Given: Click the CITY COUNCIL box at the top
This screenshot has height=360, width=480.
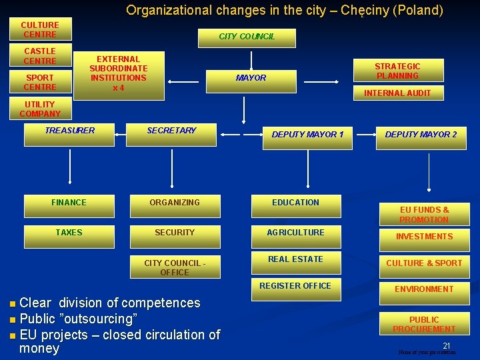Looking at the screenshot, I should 247,37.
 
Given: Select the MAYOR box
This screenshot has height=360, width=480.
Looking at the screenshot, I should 251,78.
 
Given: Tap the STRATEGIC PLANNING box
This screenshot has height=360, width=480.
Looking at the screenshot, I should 397,71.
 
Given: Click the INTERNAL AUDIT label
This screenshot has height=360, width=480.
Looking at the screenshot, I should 397,93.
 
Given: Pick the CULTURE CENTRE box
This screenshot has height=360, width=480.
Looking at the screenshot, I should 40,30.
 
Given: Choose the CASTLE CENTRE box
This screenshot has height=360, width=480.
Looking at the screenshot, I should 40,56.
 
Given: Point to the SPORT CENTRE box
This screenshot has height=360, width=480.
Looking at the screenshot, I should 40,83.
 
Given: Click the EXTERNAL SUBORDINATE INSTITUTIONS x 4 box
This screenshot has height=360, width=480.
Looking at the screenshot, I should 119,74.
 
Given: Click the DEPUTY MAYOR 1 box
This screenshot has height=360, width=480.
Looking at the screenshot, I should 307,135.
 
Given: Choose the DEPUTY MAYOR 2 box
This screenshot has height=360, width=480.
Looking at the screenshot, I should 421,135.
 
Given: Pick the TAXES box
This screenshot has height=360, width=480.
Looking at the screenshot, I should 69,233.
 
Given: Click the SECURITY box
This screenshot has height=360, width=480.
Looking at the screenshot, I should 175,233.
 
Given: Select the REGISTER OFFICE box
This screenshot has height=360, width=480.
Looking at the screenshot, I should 295,286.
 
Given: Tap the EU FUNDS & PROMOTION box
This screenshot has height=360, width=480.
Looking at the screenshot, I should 424,215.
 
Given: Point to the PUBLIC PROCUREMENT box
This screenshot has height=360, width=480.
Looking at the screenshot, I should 424,325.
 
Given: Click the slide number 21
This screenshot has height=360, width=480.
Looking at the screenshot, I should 447,346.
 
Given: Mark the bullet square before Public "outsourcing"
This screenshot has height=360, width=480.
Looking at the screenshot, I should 14,320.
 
